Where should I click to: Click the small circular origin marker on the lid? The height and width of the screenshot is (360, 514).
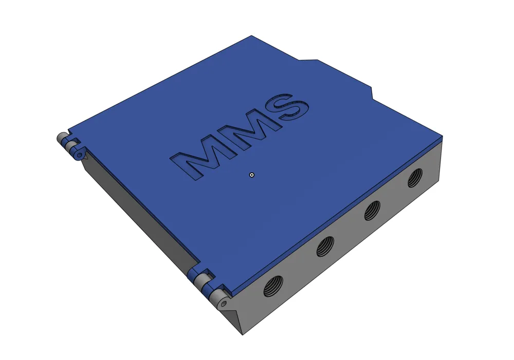252,175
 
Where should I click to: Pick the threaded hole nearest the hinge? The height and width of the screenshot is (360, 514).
273,286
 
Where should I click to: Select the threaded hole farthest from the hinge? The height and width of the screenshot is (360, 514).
415,178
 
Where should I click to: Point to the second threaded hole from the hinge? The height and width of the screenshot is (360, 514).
325,247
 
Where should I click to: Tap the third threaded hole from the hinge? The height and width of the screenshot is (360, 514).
372,211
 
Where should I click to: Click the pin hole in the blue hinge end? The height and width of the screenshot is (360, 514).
79,155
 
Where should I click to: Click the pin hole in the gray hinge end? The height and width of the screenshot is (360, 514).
224,304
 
